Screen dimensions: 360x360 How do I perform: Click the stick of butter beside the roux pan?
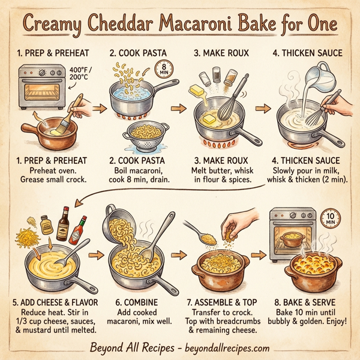(200, 91)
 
